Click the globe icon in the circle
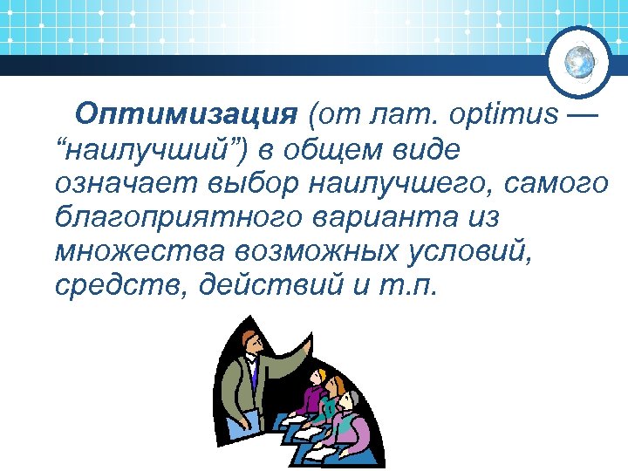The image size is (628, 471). coord(580,62)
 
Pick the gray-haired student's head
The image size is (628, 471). coord(348,402)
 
